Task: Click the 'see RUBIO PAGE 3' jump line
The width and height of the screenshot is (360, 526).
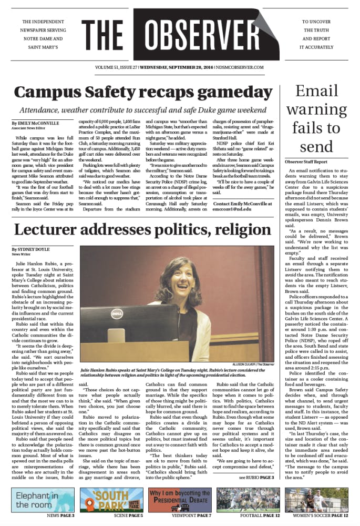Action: [x=256, y=477]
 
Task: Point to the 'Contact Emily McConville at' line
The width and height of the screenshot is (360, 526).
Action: [x=242, y=203]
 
